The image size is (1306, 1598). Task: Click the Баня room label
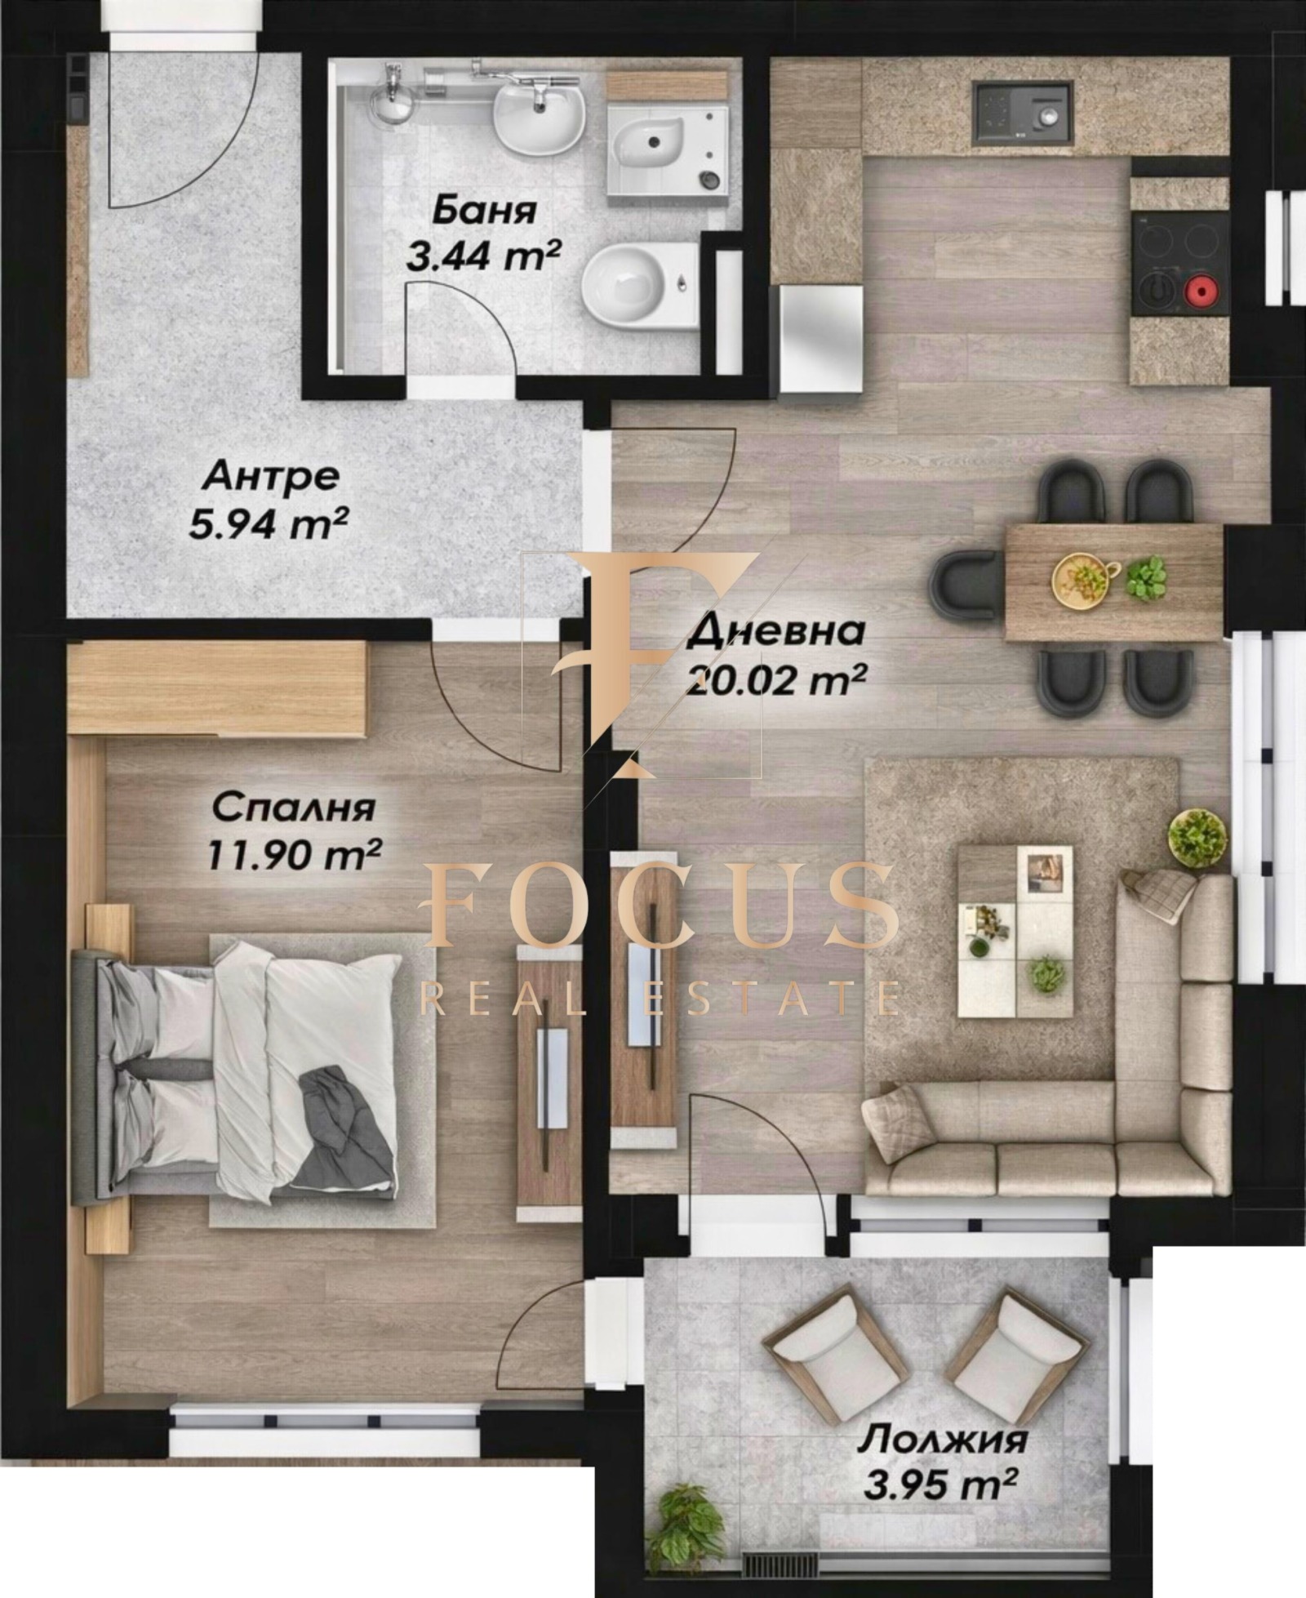click(x=484, y=210)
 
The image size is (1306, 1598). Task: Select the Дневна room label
click(x=775, y=632)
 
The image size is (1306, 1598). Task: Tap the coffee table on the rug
click(x=1015, y=931)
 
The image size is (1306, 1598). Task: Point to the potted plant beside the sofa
click(x=1197, y=838)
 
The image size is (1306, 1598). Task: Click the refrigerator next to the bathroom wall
click(x=820, y=337)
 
